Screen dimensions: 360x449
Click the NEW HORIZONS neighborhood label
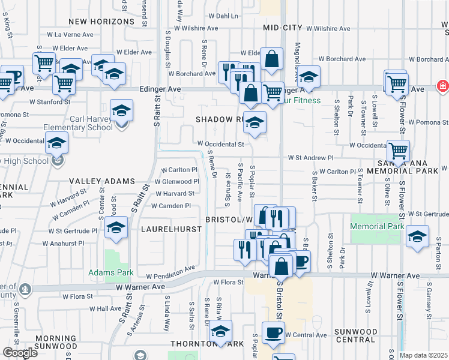click(x=101, y=22)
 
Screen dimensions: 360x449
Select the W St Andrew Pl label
click(x=310, y=158)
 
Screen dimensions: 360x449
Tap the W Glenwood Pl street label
click(x=176, y=181)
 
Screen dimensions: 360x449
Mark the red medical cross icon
click(x=442, y=86)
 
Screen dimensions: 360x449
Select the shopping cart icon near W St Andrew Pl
click(x=398, y=151)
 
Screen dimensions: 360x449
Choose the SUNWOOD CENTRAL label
click(x=355, y=335)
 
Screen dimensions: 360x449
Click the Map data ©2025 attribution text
click(x=423, y=355)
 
